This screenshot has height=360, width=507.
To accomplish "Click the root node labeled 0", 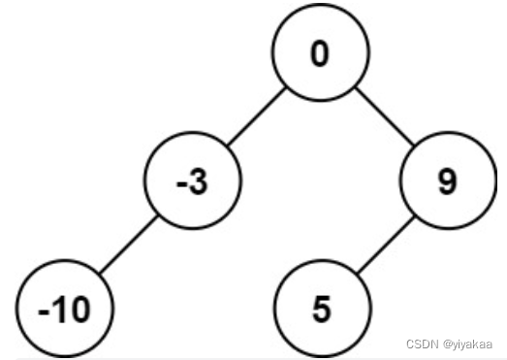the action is pos(321,54).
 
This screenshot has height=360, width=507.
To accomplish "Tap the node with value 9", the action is pos(446,183).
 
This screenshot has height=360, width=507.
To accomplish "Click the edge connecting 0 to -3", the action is pos(255,118).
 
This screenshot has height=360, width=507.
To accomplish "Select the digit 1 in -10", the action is pos(57,311).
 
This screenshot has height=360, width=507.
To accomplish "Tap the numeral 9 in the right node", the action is pos(446,183).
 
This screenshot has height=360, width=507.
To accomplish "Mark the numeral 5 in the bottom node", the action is pos(321,311).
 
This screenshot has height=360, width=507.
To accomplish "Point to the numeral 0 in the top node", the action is pos(321,54).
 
